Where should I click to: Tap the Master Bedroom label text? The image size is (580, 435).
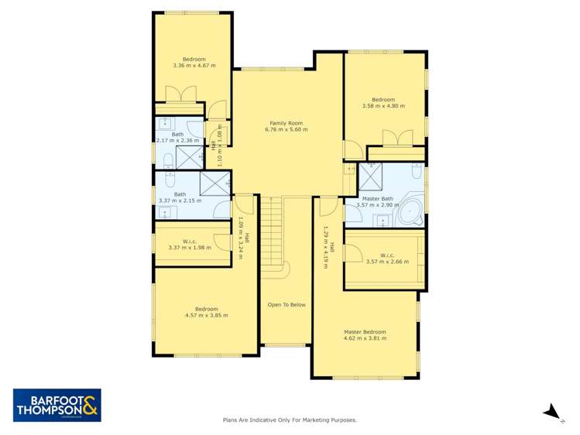365,332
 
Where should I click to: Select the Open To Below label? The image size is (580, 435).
287,305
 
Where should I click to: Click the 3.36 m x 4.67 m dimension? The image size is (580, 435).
194,66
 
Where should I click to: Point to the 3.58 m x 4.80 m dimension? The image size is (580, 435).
383,106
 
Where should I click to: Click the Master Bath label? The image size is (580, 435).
378,199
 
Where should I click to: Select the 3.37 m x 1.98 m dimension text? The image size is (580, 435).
194,248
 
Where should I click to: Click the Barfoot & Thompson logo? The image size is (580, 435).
57,405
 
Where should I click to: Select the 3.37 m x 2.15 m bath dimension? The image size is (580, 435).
180,201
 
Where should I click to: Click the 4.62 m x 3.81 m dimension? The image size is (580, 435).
365,339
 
